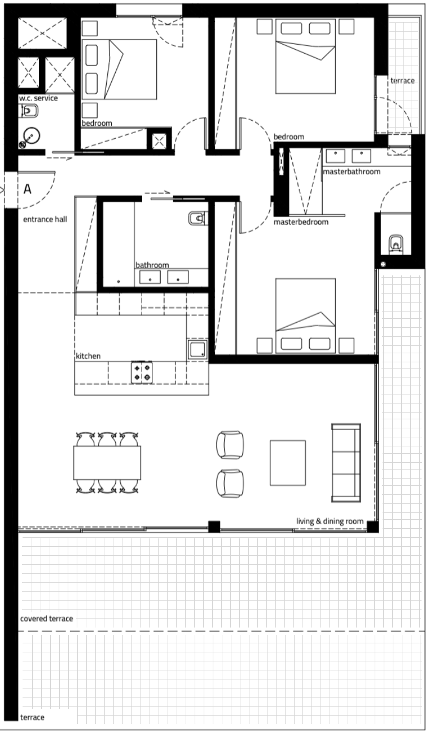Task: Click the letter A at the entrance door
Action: click(x=28, y=189)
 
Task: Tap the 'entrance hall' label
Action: click(x=45, y=220)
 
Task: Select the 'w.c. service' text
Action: click(x=38, y=98)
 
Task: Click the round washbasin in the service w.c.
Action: click(x=32, y=135)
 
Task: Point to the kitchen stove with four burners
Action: click(x=142, y=372)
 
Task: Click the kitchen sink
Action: click(x=198, y=349)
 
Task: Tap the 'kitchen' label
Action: click(x=88, y=356)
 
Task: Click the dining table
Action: click(x=107, y=463)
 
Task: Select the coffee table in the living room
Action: click(x=288, y=463)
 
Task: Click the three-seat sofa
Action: click(x=346, y=463)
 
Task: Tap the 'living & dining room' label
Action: click(x=330, y=521)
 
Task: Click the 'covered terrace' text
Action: click(x=46, y=618)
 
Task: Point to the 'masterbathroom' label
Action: click(x=352, y=172)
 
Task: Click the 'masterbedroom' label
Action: click(x=301, y=222)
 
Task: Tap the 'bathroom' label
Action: click(x=152, y=265)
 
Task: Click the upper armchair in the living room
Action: click(x=230, y=445)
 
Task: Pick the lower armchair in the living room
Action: click(x=230, y=483)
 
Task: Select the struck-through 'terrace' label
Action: click(x=402, y=81)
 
